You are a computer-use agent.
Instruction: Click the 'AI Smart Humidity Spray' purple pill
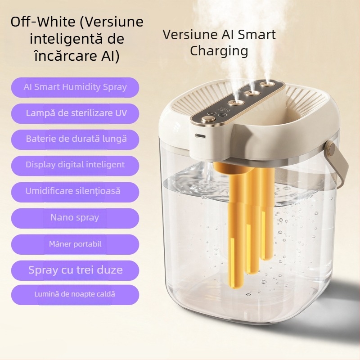(75, 87)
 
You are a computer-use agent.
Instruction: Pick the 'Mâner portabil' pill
(75, 244)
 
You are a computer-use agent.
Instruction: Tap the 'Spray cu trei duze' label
(75, 270)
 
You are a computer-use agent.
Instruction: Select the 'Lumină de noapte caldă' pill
(75, 295)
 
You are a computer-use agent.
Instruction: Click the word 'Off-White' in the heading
(43, 22)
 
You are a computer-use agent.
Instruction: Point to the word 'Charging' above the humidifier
(219, 51)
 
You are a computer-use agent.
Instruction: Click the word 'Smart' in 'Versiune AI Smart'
(256, 35)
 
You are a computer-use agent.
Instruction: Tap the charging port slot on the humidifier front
(200, 136)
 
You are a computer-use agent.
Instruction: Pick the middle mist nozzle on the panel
(251, 93)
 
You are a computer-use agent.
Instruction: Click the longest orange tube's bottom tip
(234, 287)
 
